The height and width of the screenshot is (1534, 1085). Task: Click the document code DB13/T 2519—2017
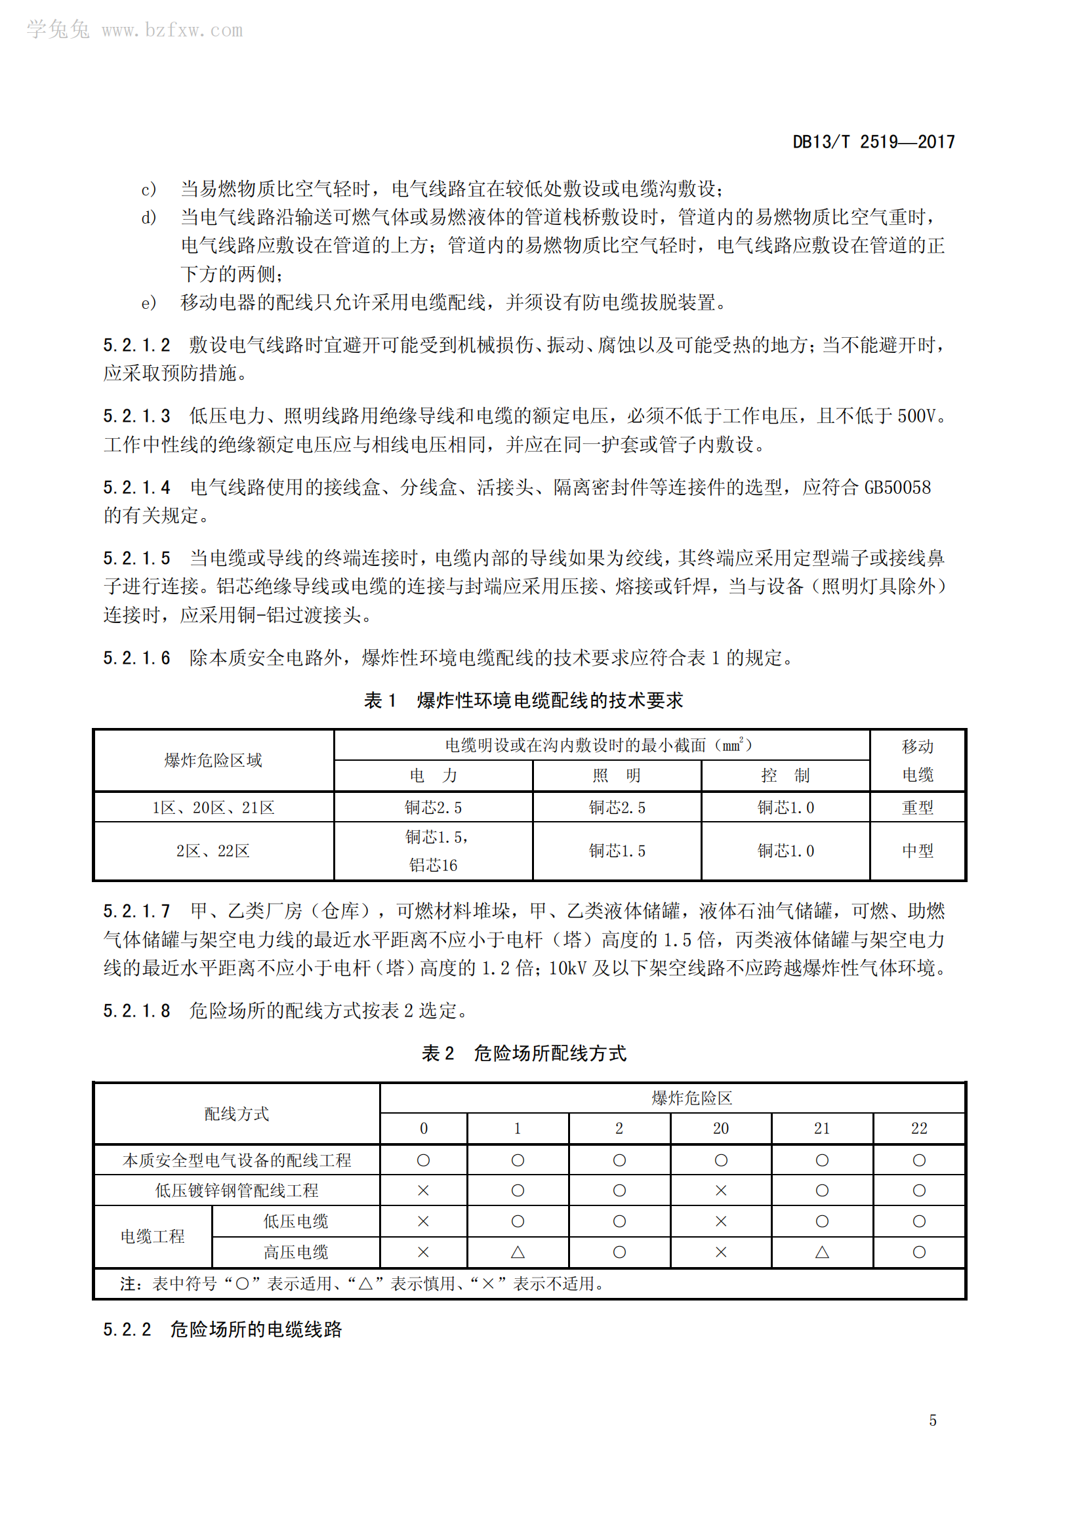[x=873, y=142]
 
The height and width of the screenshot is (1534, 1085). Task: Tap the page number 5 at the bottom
[x=933, y=1420]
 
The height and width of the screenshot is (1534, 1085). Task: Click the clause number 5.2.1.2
[x=136, y=345]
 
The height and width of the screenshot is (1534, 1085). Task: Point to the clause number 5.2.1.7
[x=136, y=911]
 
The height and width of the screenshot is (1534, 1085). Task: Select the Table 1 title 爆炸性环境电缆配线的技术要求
[x=549, y=700]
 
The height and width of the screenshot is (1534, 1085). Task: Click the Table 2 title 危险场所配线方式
[x=550, y=1054]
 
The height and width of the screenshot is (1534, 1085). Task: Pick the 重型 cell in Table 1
[x=917, y=808]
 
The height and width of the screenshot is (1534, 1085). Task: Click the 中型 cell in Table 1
[x=917, y=851]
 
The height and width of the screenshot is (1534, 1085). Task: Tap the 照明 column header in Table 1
[x=616, y=776]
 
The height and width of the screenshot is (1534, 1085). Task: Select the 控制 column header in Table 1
[x=785, y=776]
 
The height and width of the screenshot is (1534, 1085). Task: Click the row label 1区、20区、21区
[x=213, y=808]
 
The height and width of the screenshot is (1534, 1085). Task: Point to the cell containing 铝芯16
[x=433, y=865]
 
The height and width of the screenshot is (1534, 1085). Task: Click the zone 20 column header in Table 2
[x=720, y=1129]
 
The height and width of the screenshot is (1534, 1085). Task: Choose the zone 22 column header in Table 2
[x=918, y=1129]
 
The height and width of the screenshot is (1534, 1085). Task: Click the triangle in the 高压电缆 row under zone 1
[x=517, y=1252]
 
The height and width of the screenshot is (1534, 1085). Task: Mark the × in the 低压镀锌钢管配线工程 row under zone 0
[x=423, y=1190]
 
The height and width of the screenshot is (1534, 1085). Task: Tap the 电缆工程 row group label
[x=152, y=1237]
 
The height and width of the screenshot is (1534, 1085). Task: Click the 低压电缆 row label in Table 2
[x=295, y=1221]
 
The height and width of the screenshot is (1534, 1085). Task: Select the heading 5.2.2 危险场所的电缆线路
[x=222, y=1329]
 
